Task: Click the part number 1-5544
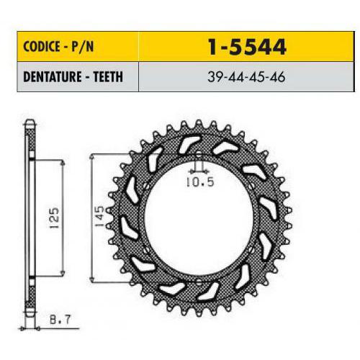coord(247,47)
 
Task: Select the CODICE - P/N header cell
coord(78,46)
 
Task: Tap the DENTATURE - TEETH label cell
coord(78,77)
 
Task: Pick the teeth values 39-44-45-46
coord(246,77)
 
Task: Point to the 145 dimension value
coord(99,216)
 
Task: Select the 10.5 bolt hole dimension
coord(200,182)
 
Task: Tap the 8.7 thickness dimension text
coord(60,320)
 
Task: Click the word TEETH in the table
coord(108,77)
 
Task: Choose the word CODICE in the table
coord(42,46)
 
